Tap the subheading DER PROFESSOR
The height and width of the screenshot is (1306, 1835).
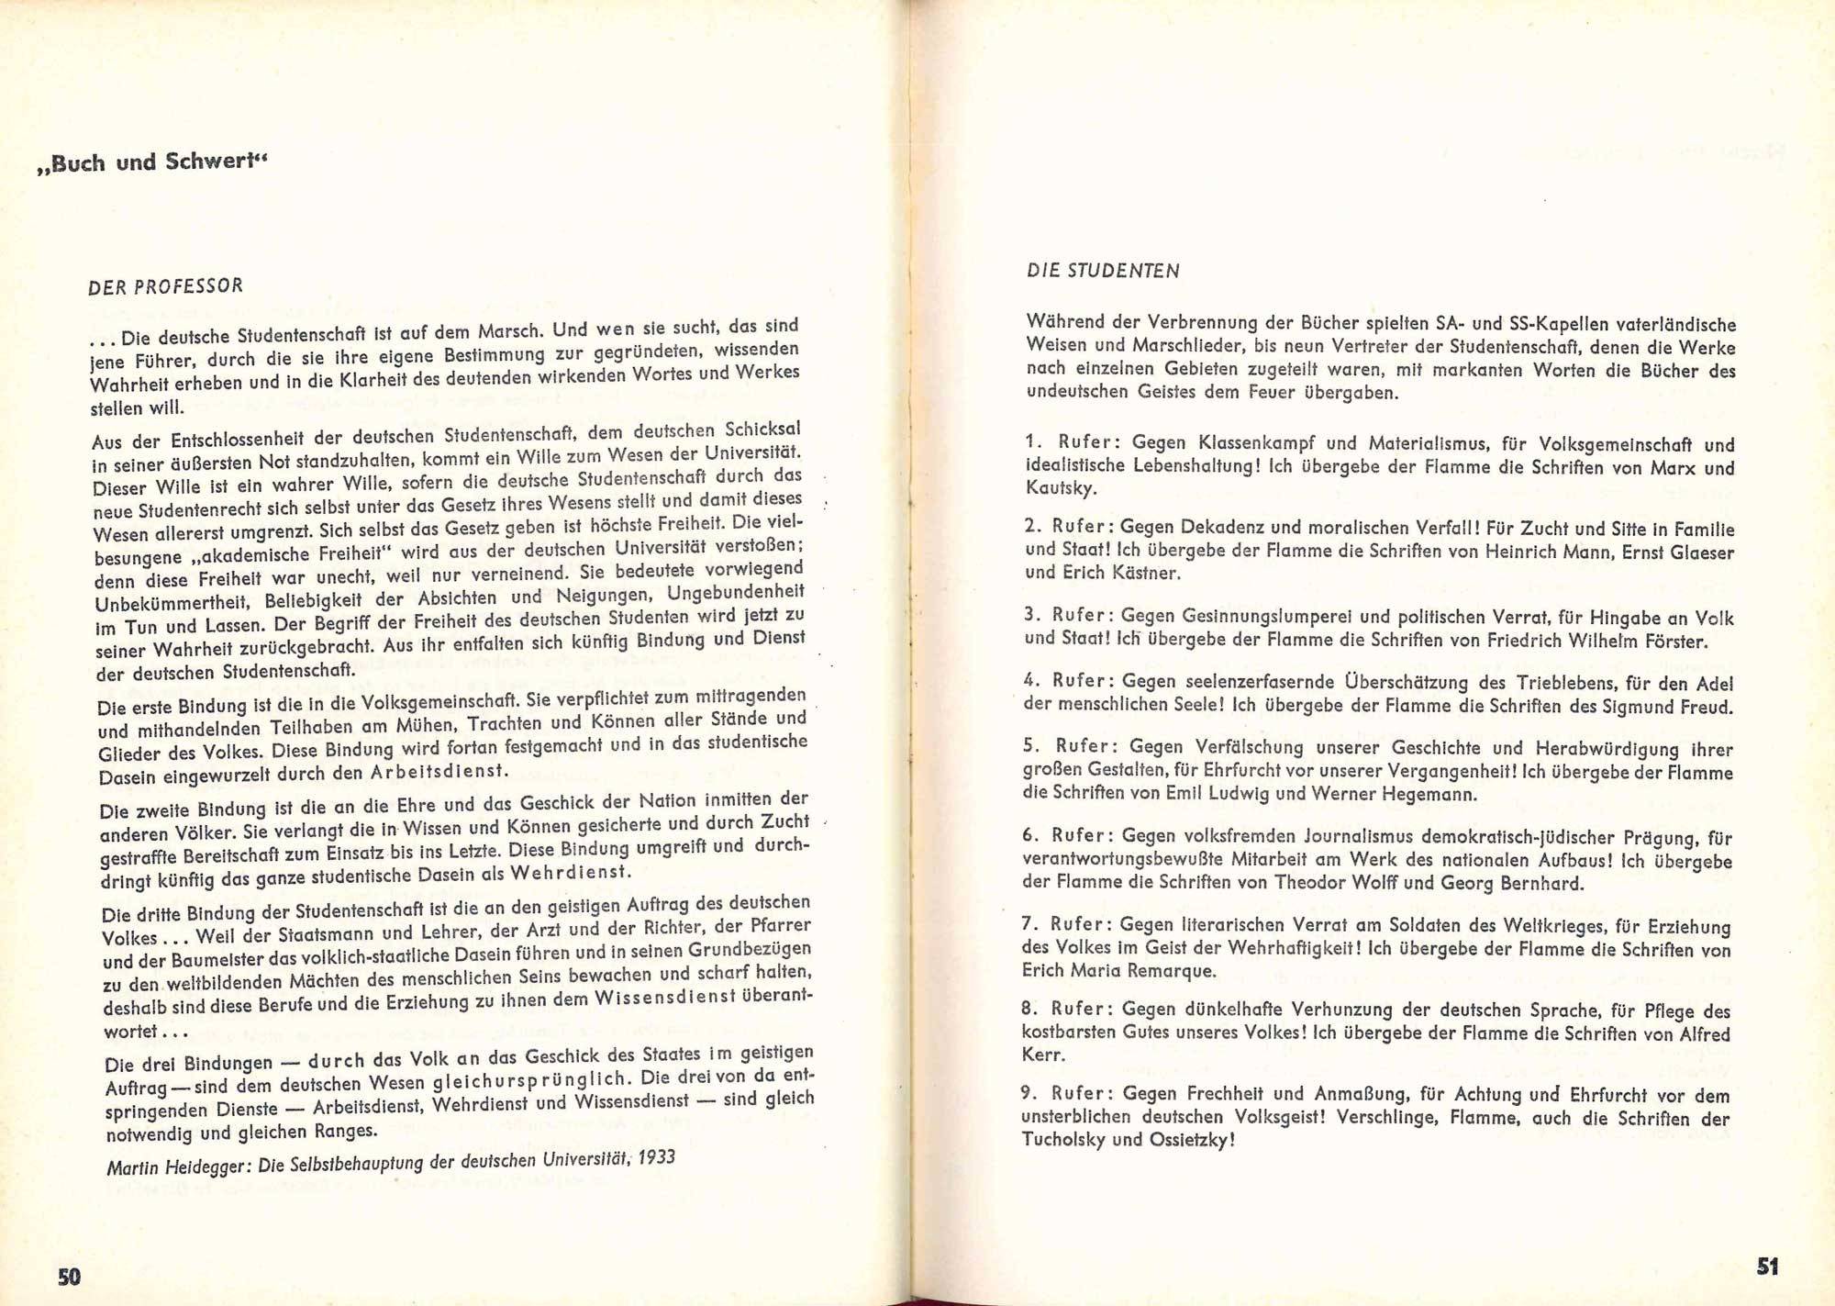coord(166,286)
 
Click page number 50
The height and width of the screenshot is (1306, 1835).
coord(70,1277)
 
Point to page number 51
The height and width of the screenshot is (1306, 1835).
coord(1767,1267)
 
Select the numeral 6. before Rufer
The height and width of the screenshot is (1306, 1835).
coord(1030,835)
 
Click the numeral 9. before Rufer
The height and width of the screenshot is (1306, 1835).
coord(1029,1093)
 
